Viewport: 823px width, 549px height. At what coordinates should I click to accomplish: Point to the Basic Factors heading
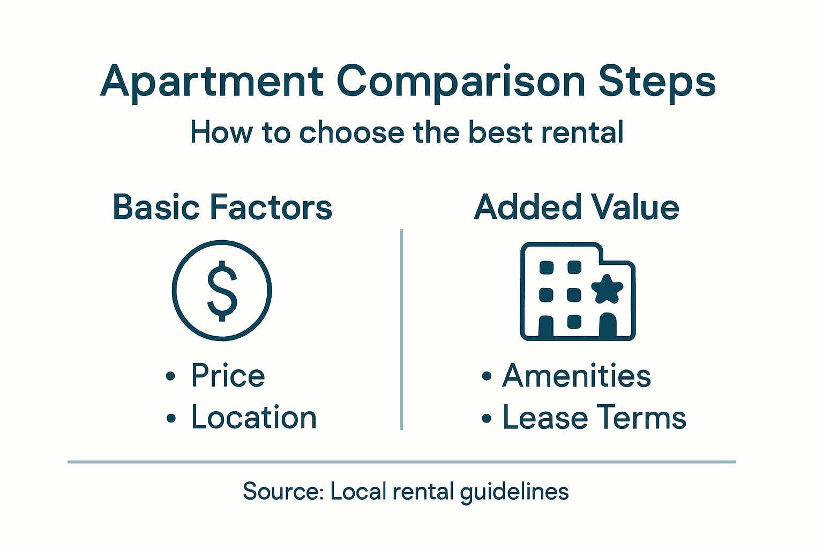pos(222,207)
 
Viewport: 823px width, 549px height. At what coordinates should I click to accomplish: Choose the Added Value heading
pos(577,207)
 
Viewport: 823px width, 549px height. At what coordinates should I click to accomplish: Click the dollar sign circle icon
pos(222,290)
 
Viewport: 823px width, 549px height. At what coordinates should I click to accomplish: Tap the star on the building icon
pos(607,289)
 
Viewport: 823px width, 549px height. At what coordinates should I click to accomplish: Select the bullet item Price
pos(228,375)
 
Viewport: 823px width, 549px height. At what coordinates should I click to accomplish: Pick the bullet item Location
pos(254,418)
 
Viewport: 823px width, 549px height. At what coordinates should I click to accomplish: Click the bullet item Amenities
pos(577,375)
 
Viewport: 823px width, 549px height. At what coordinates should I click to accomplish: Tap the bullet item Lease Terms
pos(594,418)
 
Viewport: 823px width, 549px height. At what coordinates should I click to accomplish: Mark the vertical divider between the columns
pos(401,330)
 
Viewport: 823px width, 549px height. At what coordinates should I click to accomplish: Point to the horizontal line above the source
pos(402,462)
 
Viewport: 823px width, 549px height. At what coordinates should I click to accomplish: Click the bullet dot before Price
pos(170,376)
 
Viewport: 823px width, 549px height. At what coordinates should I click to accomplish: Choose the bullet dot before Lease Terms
pos(486,419)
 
